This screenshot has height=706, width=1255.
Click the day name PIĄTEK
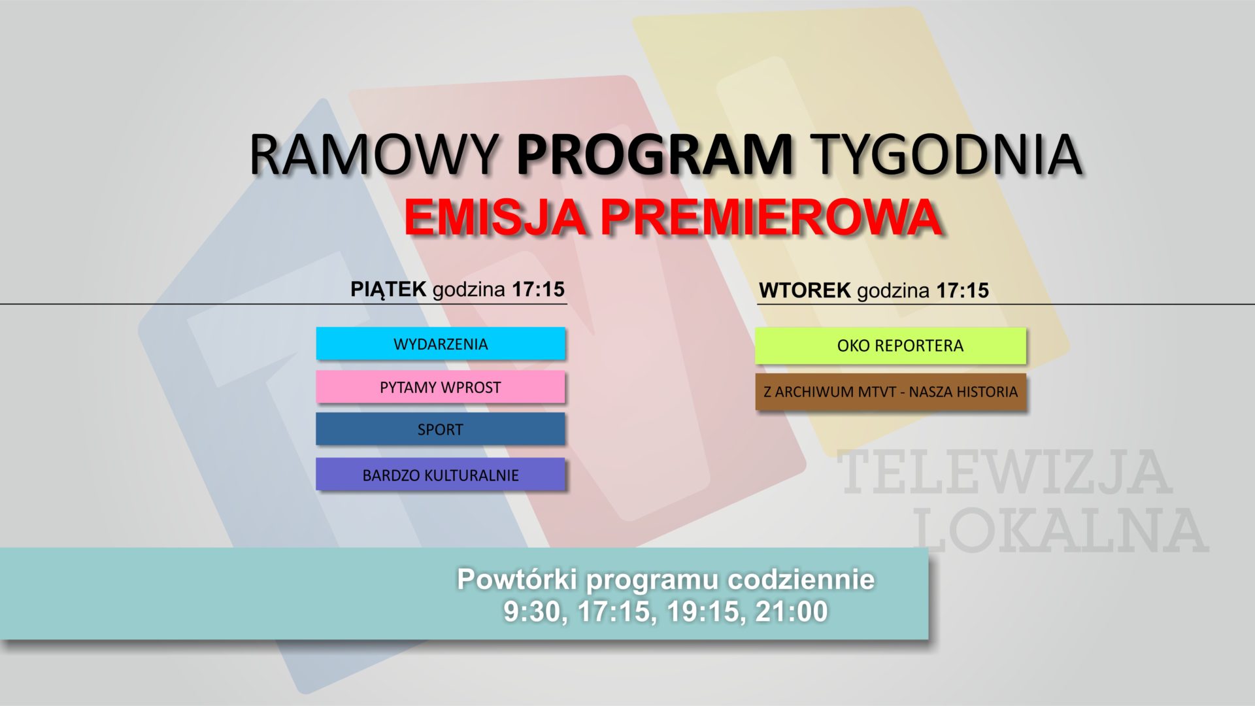tap(388, 289)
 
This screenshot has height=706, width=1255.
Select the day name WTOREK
tap(805, 290)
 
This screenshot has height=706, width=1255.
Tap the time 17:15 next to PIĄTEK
tap(538, 289)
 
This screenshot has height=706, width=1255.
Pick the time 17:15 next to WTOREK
tap(962, 290)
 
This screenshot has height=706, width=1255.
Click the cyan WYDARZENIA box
tap(441, 344)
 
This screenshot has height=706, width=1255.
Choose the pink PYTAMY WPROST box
tap(441, 387)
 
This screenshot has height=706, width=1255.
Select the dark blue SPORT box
tap(441, 429)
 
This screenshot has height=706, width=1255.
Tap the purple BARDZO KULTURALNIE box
tap(441, 475)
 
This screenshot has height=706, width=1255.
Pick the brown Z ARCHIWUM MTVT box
tap(891, 392)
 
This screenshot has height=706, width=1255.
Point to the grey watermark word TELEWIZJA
tap(1004, 472)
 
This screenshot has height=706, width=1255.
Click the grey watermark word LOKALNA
tap(1060, 529)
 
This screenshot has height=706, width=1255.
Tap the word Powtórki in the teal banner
tap(515, 579)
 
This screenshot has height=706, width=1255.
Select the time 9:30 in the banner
tap(534, 611)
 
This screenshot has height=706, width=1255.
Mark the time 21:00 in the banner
tap(792, 611)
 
